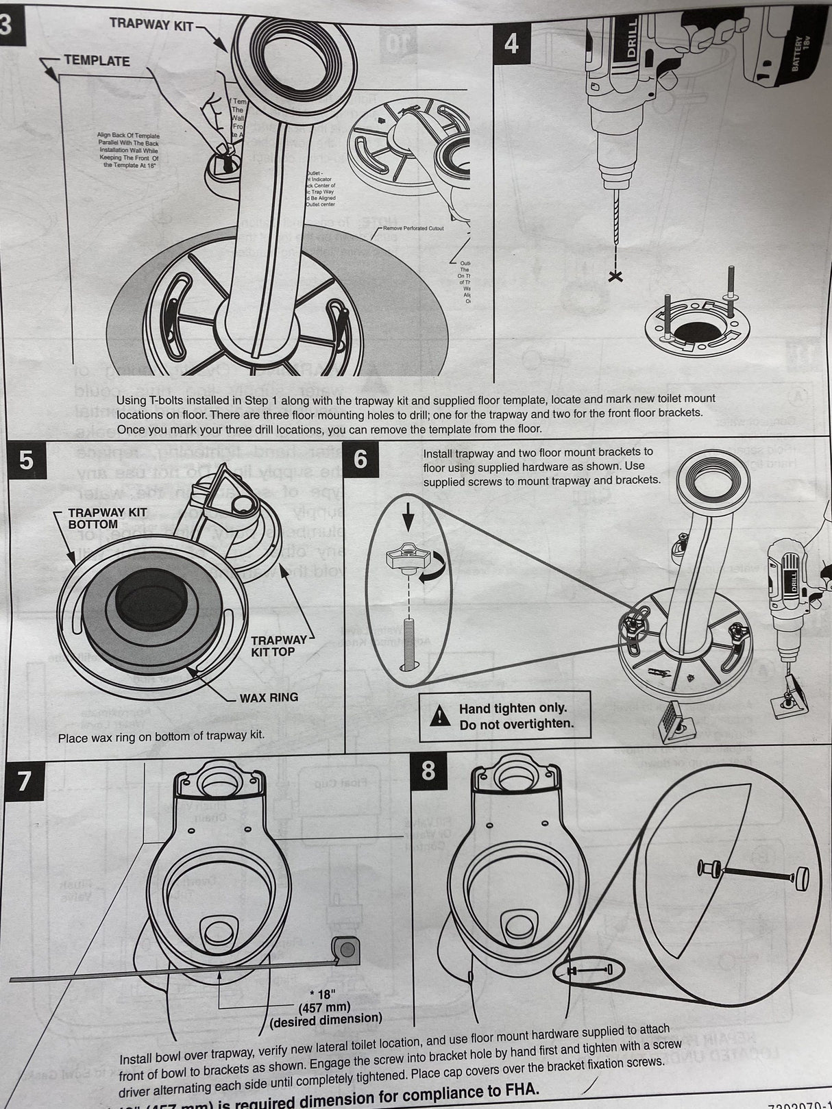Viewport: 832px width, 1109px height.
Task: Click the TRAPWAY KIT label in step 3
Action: (x=151, y=24)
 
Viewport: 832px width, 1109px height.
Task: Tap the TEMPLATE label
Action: (x=97, y=60)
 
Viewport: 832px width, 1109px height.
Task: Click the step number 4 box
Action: (x=512, y=43)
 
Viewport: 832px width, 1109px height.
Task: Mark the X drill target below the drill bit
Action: (x=616, y=277)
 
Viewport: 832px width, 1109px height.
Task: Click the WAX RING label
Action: (x=269, y=697)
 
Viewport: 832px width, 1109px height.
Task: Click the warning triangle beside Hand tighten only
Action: (x=437, y=716)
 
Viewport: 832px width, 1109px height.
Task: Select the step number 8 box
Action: (x=428, y=770)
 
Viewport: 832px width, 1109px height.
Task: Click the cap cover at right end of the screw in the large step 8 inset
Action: (x=800, y=876)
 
